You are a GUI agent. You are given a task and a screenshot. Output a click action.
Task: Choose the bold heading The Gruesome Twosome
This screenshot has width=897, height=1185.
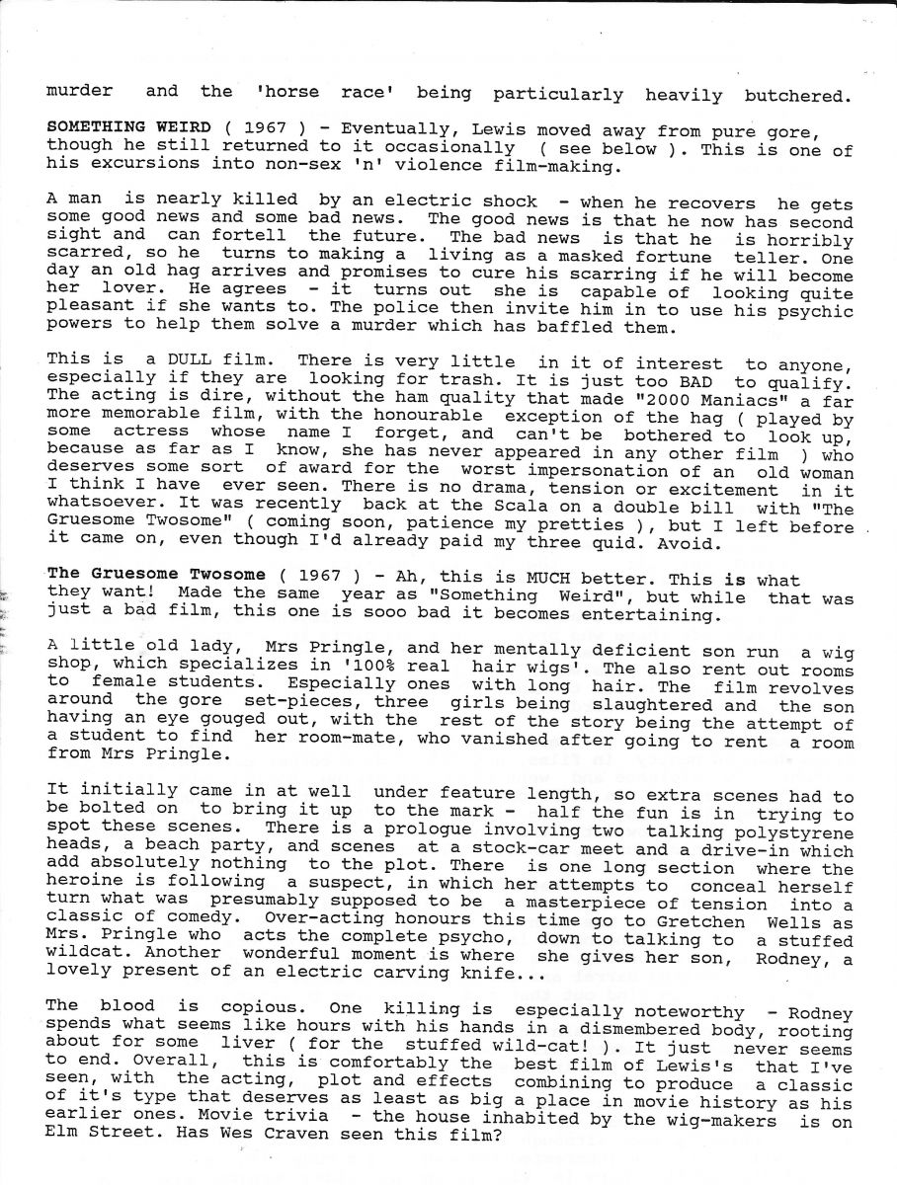coord(155,576)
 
